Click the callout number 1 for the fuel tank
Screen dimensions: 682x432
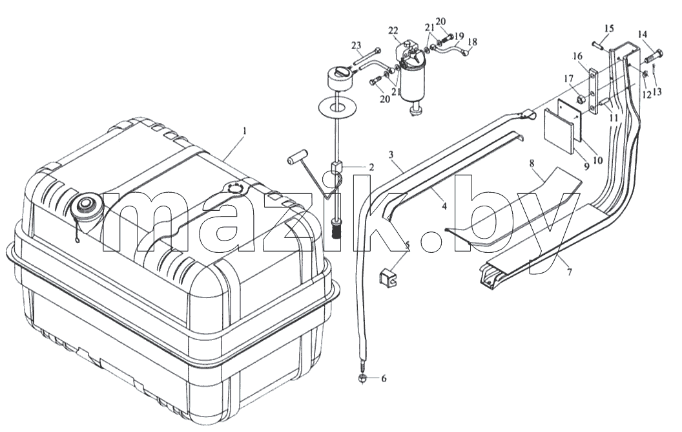pyautogui.click(x=245, y=131)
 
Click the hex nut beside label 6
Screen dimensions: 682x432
pyautogui.click(x=362, y=378)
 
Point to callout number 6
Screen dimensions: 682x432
pyautogui.click(x=383, y=379)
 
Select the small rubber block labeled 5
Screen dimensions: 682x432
pyautogui.click(x=389, y=277)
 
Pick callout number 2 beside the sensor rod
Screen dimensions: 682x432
pyautogui.click(x=371, y=166)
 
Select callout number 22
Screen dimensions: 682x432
pyautogui.click(x=393, y=31)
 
